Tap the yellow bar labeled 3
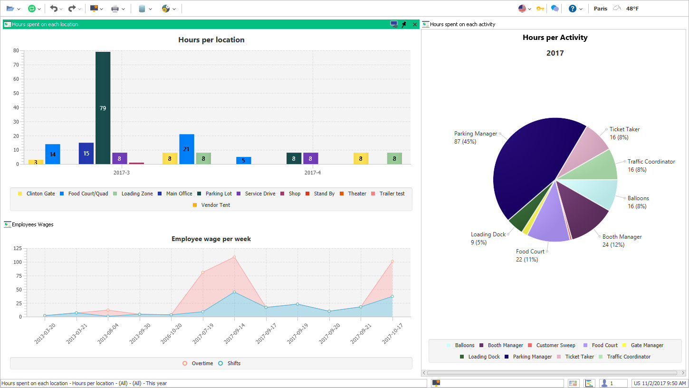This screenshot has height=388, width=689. (36, 162)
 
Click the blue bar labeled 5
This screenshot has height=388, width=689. (243, 161)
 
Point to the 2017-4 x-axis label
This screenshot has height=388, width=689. (312, 173)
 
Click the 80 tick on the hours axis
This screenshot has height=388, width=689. (16, 51)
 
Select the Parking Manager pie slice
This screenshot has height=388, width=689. (527, 162)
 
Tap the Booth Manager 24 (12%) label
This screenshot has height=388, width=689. (622, 241)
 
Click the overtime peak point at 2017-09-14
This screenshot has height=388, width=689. (234, 257)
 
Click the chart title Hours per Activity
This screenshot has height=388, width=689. (555, 38)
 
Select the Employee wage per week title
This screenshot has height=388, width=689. (211, 239)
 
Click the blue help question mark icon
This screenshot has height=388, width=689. (572, 9)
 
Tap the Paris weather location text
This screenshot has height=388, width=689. (600, 9)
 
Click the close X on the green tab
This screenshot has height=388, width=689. (415, 24)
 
